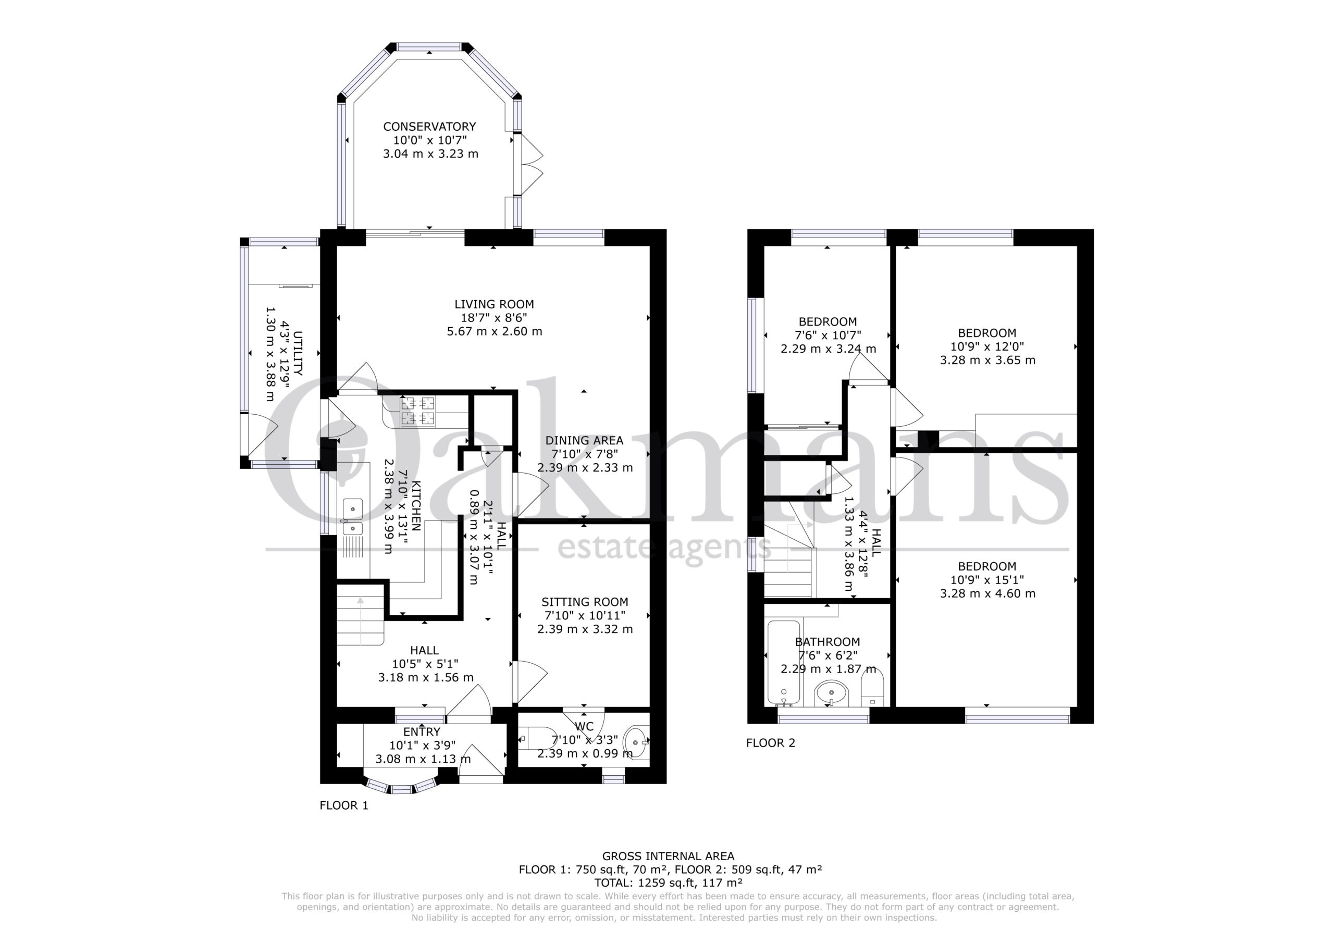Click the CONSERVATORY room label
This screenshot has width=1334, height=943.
(429, 127)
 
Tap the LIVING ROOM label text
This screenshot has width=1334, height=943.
(494, 304)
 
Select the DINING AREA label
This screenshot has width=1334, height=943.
(584, 440)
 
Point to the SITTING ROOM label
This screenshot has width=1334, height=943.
(585, 602)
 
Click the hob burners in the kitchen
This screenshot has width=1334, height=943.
(417, 411)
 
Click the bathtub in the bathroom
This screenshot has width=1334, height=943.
(784, 662)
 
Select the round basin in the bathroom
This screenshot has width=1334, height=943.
(832, 693)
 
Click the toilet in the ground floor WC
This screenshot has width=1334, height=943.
(538, 738)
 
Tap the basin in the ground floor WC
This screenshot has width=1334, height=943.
(636, 742)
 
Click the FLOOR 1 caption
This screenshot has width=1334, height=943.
(344, 805)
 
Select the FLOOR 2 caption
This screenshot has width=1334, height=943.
(770, 742)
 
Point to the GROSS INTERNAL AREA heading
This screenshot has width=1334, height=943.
(668, 856)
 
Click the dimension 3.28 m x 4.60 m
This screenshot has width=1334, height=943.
(987, 593)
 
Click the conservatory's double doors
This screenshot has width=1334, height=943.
(528, 165)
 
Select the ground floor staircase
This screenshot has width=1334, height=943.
(360, 615)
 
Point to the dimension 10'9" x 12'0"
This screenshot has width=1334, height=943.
(987, 346)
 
